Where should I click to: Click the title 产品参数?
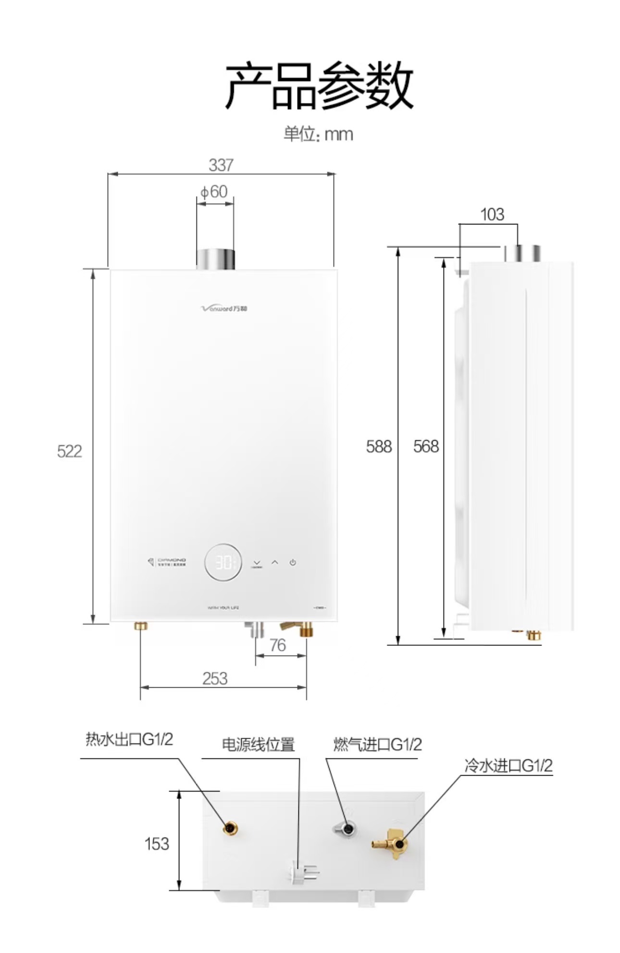click(319, 87)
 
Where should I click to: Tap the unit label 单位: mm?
click(318, 134)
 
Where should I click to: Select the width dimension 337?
click(221, 165)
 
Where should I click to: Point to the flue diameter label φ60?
click(214, 192)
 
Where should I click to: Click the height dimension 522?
click(69, 451)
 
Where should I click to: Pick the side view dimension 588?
click(379, 446)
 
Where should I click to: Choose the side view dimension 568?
click(426, 446)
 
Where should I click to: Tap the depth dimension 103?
click(492, 214)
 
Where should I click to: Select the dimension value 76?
click(278, 645)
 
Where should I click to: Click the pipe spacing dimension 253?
click(215, 679)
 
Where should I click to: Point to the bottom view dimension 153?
click(157, 844)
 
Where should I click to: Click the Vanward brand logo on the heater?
click(224, 308)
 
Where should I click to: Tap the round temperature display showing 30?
click(223, 562)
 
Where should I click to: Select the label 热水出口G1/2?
click(129, 739)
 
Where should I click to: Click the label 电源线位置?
click(258, 744)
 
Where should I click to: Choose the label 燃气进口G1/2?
click(377, 744)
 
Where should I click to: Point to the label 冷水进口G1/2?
click(508, 766)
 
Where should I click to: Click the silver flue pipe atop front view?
click(215, 259)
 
